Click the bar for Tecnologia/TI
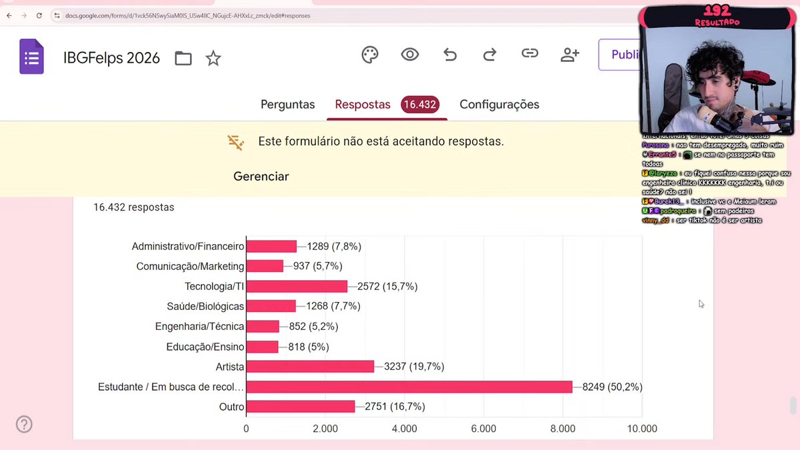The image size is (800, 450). [297, 287]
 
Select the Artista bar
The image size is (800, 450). [311, 367]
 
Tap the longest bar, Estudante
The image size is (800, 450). [409, 387]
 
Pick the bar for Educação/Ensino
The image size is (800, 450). [263, 347]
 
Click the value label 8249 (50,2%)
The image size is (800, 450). [612, 387]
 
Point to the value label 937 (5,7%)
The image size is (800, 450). [317, 266]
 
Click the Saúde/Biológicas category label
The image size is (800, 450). [205, 307]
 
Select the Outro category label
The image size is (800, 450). [231, 407]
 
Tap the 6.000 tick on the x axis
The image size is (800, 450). [483, 429]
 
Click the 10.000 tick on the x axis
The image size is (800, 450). [641, 429]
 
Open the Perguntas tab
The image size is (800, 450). [287, 105]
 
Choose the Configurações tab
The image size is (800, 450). [499, 105]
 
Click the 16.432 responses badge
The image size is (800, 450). [419, 105]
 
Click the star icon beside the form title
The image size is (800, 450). [213, 59]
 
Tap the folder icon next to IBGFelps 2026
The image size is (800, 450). [183, 59]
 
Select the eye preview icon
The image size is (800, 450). [410, 55]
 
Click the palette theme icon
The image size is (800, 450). [370, 55]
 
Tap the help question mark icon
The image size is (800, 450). [24, 424]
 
